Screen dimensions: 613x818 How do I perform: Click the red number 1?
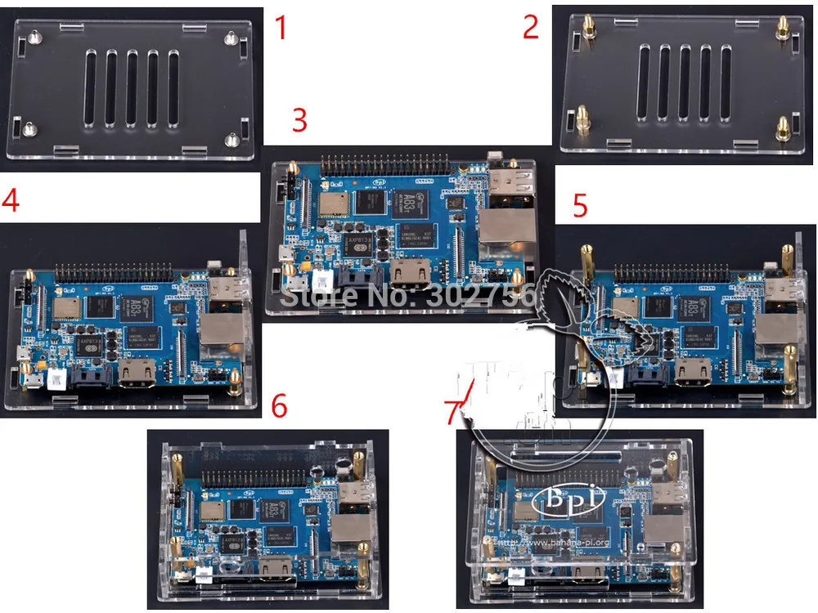(x=281, y=28)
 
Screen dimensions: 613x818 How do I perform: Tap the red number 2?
(x=531, y=28)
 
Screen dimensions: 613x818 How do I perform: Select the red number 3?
(x=299, y=120)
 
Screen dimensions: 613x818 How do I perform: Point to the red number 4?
(x=11, y=201)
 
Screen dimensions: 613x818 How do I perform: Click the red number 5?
(x=580, y=205)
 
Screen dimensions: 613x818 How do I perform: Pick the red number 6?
(x=280, y=406)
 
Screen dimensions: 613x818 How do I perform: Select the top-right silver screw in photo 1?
(x=231, y=37)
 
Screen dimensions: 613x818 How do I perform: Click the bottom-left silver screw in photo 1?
(x=31, y=127)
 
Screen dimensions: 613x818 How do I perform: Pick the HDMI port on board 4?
(x=138, y=374)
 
